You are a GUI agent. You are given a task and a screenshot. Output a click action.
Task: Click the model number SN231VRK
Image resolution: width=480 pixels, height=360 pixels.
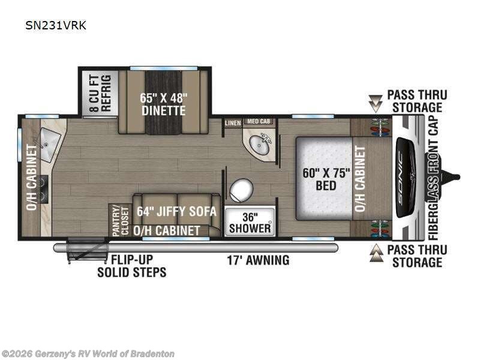point(59,26)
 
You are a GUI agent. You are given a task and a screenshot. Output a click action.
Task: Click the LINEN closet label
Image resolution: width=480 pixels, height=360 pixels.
point(233,123)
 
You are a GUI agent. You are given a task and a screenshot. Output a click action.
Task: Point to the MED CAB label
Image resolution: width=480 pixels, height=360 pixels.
point(259,122)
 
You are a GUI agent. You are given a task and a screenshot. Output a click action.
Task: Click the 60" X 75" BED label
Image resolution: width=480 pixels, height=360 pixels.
point(325,178)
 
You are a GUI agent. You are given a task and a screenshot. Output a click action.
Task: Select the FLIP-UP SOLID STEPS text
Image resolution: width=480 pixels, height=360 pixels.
point(131,266)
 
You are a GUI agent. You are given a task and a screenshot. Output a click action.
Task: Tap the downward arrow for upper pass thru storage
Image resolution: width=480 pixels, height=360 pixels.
point(376,104)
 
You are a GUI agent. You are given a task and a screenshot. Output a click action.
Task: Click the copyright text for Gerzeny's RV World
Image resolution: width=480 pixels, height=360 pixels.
point(88,354)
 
